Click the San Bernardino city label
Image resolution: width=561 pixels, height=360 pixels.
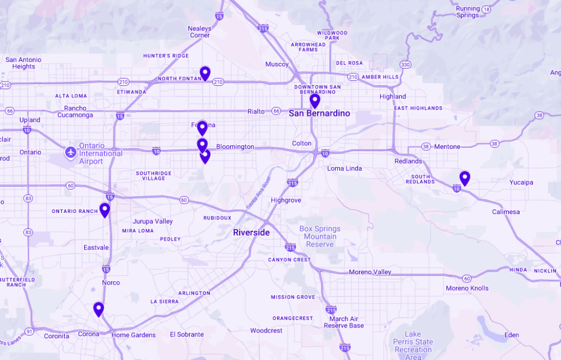pos(319,113)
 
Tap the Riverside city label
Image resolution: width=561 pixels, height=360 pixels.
pos(251,232)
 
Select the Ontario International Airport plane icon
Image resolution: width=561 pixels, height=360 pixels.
pos(70,153)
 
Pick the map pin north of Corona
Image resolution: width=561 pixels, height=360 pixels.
pos(98,309)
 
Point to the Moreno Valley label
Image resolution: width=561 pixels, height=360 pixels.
pos(370,272)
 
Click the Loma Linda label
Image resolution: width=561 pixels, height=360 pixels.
pos(344,168)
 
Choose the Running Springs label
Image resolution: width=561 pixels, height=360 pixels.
pos(468,12)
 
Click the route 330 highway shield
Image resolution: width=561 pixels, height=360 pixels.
pos(405,65)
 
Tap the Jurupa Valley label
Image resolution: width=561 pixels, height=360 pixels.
pos(153,222)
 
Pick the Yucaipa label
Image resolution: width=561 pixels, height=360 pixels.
pos(521,182)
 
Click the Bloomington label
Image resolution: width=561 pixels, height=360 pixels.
pos(235,147)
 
